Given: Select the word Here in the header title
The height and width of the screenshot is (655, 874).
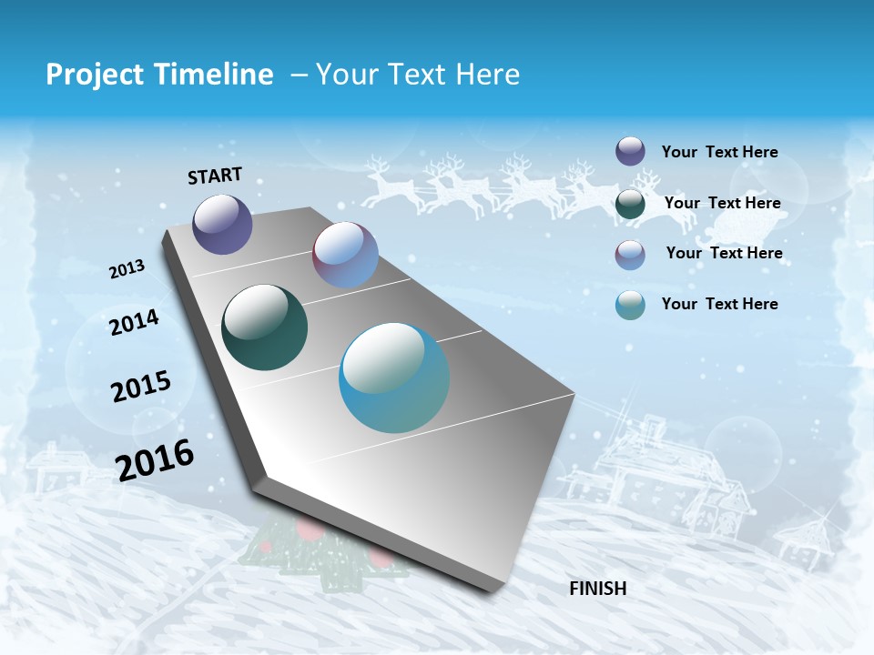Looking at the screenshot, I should (487, 75).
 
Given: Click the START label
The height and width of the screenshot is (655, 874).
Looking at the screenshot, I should (215, 176).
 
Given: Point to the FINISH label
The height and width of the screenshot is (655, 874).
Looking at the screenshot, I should (597, 589).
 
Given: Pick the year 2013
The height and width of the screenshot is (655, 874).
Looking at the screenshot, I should (127, 269).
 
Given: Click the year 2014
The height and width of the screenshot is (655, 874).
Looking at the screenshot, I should (134, 322).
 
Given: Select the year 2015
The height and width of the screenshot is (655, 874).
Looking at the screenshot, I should (140, 387).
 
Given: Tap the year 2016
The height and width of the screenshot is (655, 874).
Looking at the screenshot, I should (155, 460).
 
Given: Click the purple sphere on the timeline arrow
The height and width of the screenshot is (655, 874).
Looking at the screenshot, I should (222, 224).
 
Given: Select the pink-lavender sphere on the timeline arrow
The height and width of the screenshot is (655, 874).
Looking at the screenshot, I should (345, 255).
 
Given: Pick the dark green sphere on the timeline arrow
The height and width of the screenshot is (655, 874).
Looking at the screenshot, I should (264, 327).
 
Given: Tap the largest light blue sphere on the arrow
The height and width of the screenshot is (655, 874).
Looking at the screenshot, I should (394, 378).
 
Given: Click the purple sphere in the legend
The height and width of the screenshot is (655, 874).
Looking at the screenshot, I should (630, 151).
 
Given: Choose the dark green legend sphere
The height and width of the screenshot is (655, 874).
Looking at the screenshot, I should (630, 204).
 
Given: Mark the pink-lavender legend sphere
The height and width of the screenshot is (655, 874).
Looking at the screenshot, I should (630, 255).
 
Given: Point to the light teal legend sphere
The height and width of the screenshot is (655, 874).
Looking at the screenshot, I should (630, 306).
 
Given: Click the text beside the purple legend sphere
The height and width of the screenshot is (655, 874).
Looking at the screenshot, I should (719, 152).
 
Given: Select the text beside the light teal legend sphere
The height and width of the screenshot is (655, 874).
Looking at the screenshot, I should (719, 304).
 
